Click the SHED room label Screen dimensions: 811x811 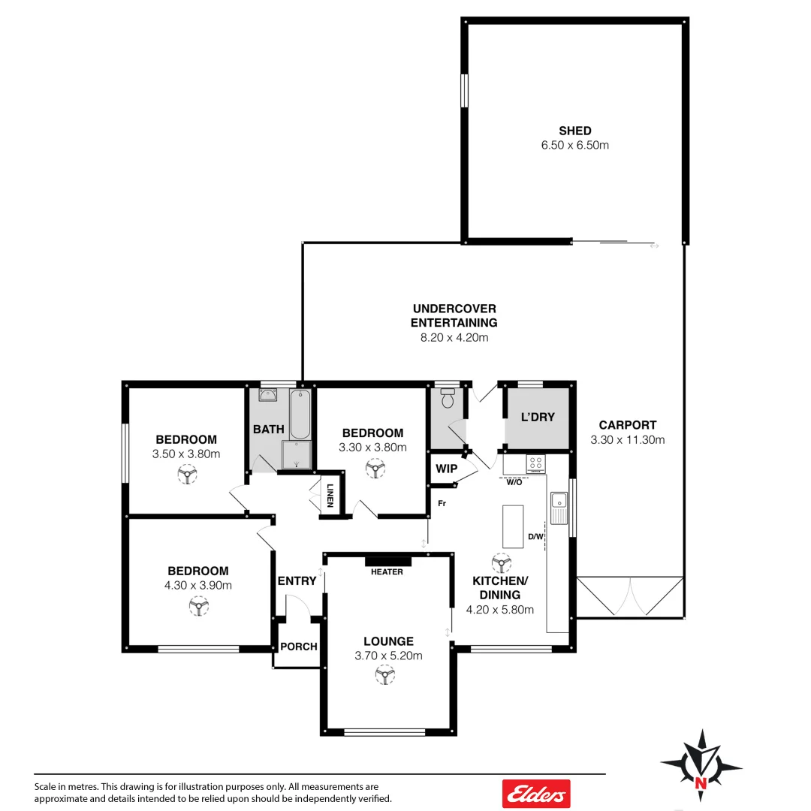coord(574,131)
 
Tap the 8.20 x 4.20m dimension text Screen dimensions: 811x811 coord(454,337)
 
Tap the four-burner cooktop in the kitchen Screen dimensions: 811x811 coord(536,463)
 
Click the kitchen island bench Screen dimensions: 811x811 coord(513,526)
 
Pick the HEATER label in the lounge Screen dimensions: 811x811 coord(387,571)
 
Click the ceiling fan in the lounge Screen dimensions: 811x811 coord(385,677)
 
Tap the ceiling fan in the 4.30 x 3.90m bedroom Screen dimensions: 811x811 coord(198,606)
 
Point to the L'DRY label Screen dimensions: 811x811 coord(537,417)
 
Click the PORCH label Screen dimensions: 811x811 coord(298,647)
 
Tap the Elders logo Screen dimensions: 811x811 coord(535,793)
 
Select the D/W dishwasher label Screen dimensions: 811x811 coord(535,536)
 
